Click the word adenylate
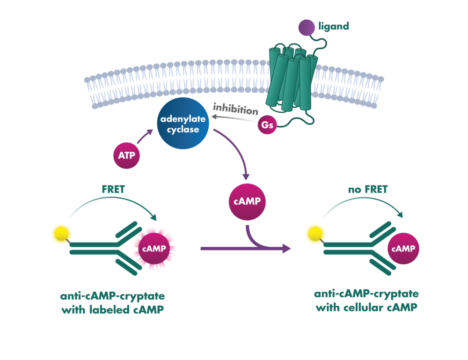[x=183, y=119]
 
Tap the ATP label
[x=126, y=155]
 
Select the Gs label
[x=268, y=125]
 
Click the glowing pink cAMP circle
[x=154, y=249]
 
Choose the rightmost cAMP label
[x=403, y=249]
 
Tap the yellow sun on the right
[x=314, y=233]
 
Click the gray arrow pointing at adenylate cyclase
[x=234, y=112]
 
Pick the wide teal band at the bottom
[x=234, y=300]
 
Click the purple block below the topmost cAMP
[x=262, y=239]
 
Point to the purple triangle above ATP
[x=149, y=138]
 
